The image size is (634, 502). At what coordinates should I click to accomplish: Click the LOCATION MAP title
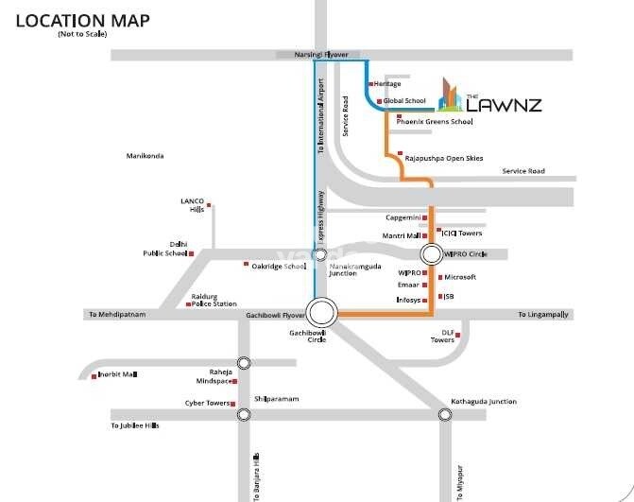[74, 20]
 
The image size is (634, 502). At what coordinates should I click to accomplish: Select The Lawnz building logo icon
[450, 95]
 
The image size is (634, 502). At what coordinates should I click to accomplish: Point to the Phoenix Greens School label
[435, 122]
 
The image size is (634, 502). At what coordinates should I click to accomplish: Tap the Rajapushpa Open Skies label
[443, 158]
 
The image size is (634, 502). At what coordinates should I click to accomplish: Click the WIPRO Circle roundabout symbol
[431, 253]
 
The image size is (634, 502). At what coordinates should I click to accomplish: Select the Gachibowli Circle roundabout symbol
[322, 311]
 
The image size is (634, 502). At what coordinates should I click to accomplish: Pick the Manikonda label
[146, 155]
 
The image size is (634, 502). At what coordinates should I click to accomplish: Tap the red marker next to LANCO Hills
[210, 204]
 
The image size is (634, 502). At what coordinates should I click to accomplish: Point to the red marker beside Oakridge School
[247, 265]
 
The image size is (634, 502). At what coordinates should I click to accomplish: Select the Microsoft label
[460, 277]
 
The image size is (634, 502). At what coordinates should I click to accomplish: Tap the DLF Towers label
[442, 337]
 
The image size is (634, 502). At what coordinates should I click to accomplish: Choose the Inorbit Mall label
[118, 375]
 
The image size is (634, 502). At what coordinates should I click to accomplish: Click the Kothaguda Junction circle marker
[444, 414]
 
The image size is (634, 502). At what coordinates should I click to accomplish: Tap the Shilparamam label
[276, 399]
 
